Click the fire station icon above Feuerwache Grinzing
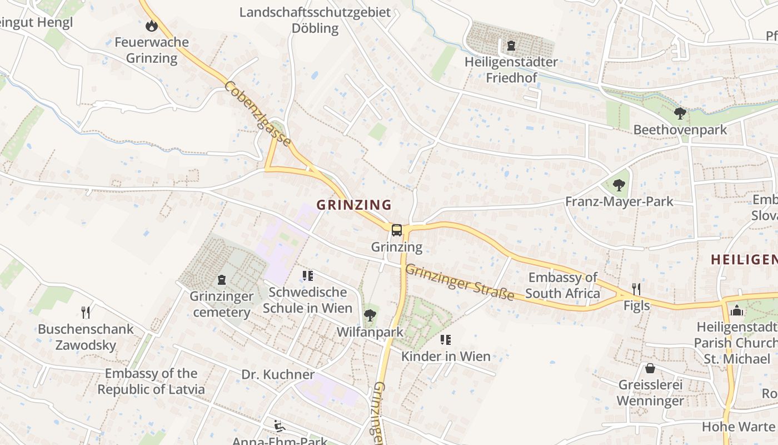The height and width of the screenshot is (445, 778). pos(151,26)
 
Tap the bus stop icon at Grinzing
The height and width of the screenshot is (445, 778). pos(396,230)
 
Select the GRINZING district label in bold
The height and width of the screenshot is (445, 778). pos(354,205)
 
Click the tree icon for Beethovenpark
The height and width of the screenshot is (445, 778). pos(680,113)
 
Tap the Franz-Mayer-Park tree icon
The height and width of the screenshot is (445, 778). pos(619,185)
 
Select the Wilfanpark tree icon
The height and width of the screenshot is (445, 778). pos(370,316)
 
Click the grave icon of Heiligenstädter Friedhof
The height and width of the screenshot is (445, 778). pos(511,45)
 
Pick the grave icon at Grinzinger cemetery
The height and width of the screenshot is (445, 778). pos(222,280)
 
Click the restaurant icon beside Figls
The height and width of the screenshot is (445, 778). pos(636,289)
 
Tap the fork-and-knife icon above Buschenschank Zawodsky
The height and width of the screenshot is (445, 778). pos(86,312)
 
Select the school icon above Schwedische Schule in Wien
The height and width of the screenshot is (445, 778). pos(307,275)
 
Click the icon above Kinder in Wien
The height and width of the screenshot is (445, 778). pos(445,339)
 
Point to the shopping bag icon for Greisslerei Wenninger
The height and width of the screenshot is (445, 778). pos(650,368)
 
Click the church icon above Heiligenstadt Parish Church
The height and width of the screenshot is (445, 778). pos(737,310)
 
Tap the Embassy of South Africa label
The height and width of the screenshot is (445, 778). pos(562,285)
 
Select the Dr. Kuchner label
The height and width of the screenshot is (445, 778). pos(278,374)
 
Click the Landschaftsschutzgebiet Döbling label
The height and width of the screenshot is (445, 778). pos(315,20)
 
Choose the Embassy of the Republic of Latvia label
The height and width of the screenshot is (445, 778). pos(151,381)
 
